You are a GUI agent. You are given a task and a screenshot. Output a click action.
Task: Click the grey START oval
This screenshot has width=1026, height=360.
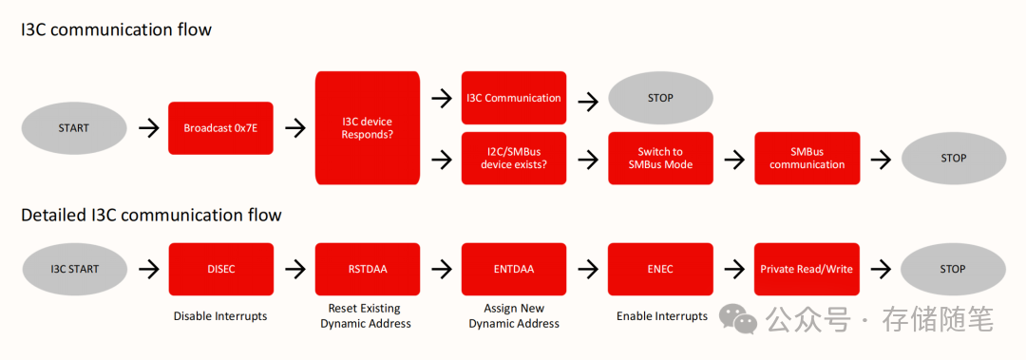pos(74,127)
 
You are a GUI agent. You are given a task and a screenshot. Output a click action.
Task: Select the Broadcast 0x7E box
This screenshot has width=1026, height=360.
pos(220,127)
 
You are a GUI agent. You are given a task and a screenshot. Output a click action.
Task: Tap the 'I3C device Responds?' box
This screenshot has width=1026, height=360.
pos(367,127)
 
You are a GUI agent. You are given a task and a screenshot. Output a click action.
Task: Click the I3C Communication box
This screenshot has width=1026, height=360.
pos(514,98)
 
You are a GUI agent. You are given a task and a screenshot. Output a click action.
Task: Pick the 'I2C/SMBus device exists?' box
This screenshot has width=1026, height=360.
pos(514,158)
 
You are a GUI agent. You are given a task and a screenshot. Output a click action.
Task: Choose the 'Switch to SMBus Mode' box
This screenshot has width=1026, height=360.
pos(660,158)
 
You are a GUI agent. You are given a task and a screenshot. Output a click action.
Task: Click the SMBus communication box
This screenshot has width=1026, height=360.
pos(807,158)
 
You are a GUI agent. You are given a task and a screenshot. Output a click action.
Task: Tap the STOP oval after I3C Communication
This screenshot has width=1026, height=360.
pos(660,98)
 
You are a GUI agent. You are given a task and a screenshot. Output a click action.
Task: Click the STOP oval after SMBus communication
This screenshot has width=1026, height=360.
pos(954,158)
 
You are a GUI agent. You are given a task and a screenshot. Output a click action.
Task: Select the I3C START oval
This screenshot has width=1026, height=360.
pos(74,269)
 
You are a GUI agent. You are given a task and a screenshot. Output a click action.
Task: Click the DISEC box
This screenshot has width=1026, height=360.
pos(220,269)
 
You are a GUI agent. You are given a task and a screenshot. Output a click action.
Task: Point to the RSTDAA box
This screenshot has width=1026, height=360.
pos(367,269)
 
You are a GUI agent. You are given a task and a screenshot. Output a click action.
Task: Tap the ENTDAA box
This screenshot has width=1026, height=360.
pos(514,269)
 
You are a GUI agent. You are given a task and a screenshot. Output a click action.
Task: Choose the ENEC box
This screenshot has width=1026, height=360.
pos(660,269)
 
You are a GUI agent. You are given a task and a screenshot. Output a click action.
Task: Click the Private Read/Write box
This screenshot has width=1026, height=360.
pos(807,269)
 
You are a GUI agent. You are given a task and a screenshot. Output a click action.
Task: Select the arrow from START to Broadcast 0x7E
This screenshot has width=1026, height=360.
pos(149,127)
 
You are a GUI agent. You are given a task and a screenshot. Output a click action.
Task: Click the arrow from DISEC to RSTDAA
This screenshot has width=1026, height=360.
pos(295,269)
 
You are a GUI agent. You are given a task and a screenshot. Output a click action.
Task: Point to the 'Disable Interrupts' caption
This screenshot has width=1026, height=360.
pos(220,316)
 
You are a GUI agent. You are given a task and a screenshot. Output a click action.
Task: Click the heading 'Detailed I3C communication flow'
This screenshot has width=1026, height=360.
pos(151,216)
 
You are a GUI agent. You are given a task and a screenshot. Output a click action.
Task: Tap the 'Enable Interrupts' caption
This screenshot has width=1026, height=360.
pos(662,316)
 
